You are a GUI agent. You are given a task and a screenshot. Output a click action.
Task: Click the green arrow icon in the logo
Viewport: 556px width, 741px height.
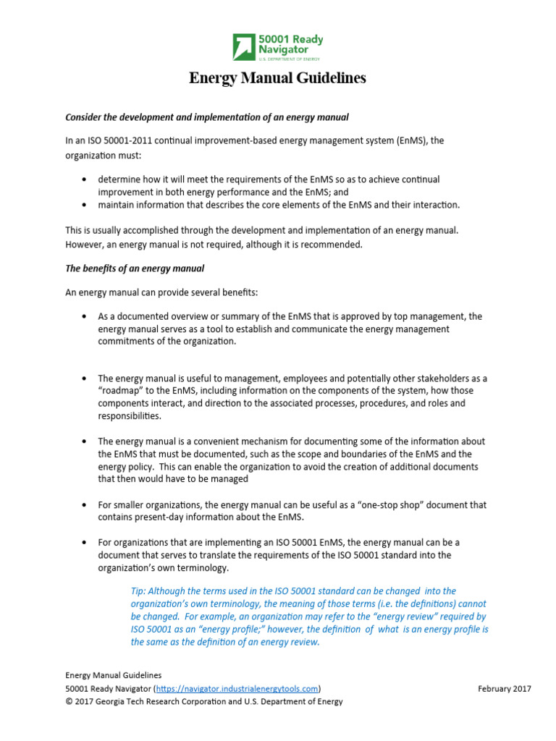(244, 46)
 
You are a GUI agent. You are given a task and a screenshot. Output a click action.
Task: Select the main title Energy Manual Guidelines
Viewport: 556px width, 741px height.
(277, 78)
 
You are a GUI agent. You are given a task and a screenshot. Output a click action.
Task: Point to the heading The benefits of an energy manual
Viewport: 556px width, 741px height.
(135, 268)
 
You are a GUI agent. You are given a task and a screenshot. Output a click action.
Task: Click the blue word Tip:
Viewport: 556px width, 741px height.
(139, 591)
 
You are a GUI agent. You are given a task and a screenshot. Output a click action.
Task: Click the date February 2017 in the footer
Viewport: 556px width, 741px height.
(504, 688)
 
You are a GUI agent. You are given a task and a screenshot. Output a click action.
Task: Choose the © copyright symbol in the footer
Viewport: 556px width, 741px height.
(69, 701)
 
